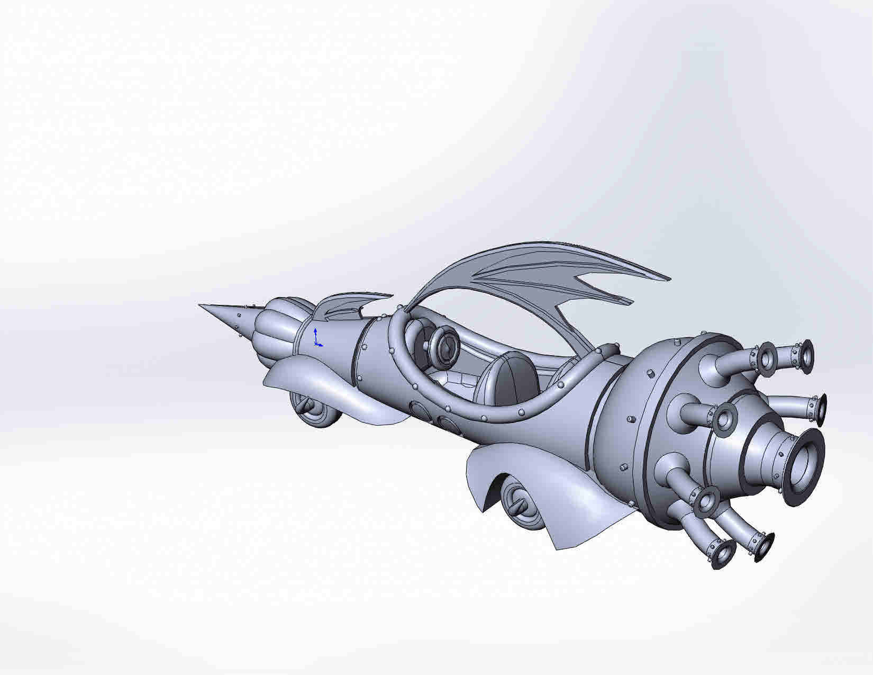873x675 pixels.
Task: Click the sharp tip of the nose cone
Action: tap(201, 305)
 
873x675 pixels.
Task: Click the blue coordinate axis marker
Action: tap(316, 338)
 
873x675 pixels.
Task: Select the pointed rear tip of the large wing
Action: tap(669, 279)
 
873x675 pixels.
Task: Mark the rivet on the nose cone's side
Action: tap(239, 315)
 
